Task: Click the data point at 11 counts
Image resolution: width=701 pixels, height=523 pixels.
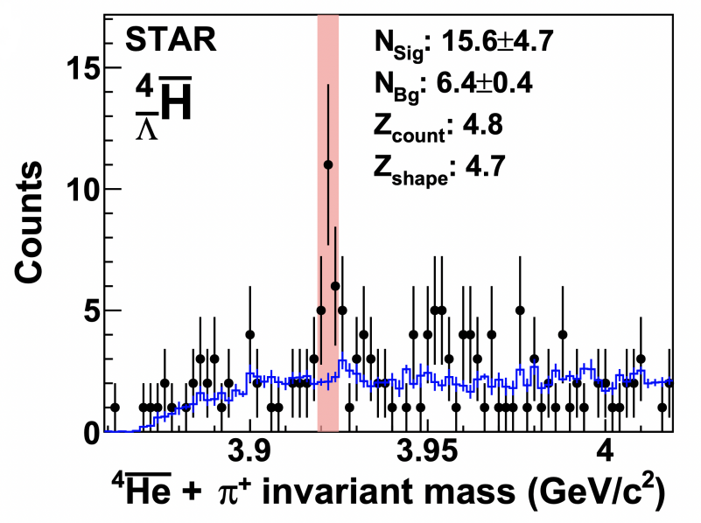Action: click(328, 164)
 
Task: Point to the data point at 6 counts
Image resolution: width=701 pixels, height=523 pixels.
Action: click(335, 286)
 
